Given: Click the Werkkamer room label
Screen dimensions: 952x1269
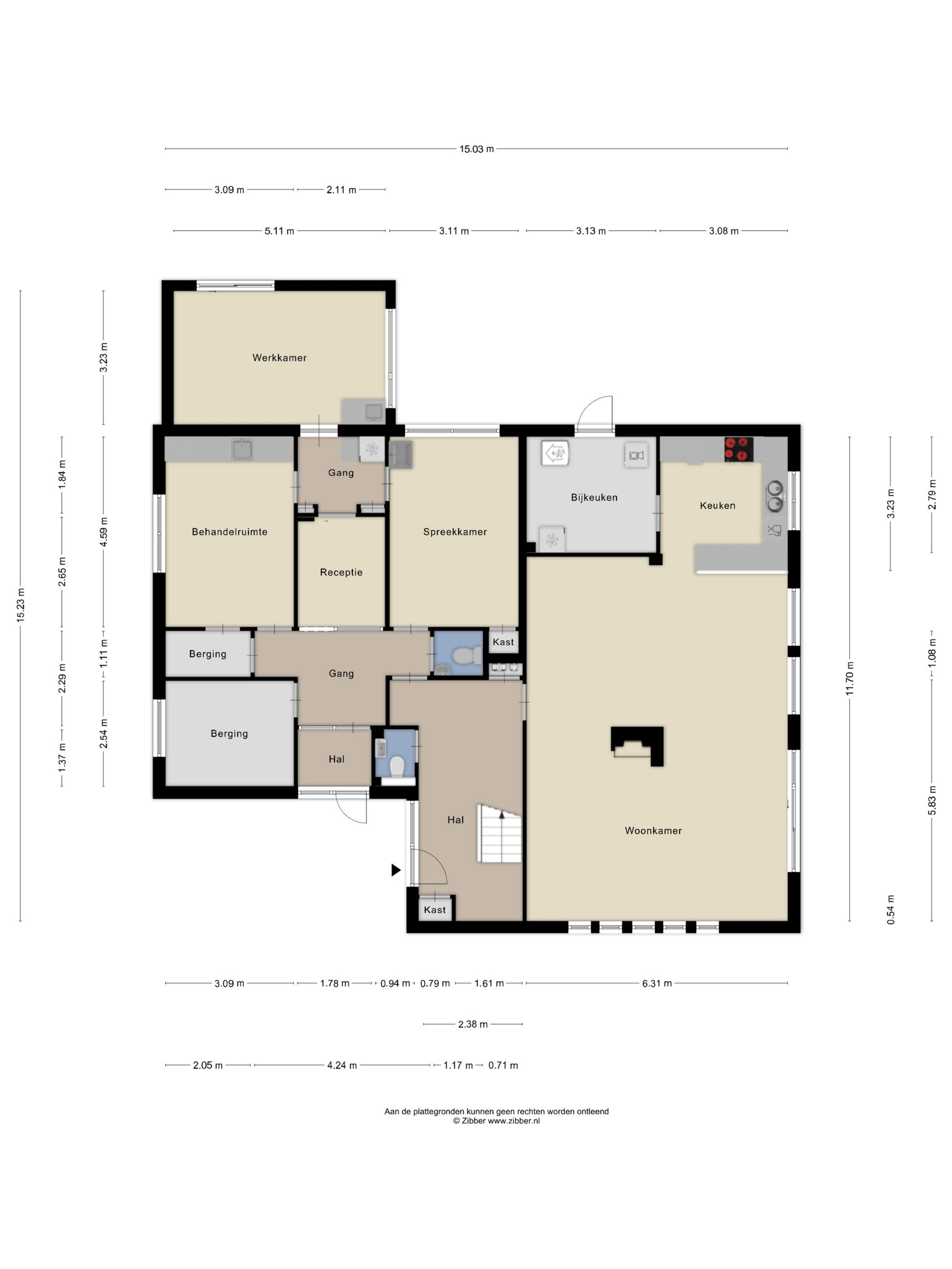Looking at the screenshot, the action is point(279,358).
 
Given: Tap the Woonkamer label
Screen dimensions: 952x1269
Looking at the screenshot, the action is point(653,830).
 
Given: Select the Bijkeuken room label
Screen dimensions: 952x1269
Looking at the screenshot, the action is point(594,497).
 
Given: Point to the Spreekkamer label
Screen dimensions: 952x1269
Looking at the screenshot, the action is point(455,532).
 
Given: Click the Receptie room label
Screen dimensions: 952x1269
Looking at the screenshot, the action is point(341,572).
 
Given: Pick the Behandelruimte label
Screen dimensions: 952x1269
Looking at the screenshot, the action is point(229,532).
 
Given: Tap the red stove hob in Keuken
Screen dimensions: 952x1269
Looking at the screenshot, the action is point(738,449).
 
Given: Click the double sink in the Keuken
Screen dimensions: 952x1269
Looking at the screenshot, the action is point(775,496).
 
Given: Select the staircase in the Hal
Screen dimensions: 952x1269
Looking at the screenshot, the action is point(500,833).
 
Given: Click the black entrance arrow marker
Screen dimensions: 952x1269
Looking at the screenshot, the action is point(396,870).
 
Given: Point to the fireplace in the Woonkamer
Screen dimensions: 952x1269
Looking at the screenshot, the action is point(637,746).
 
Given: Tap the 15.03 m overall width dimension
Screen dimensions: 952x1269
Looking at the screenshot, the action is point(476,149).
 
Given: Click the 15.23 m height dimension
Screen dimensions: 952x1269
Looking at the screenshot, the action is point(21,605).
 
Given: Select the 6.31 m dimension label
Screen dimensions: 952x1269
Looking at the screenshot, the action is point(656,983).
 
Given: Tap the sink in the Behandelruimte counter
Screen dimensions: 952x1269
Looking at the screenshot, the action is point(242,449).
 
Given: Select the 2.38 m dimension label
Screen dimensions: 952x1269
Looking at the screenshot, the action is point(473,1024).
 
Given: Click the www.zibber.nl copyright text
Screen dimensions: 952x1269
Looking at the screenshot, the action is point(514,1120).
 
